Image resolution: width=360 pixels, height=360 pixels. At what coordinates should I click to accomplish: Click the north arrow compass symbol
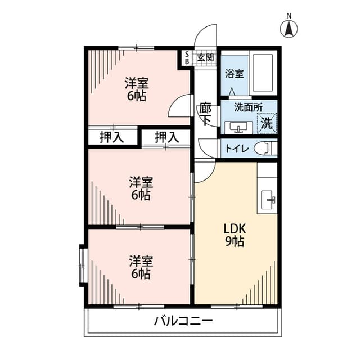click(289, 28)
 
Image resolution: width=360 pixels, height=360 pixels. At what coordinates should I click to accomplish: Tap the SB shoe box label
click(187, 58)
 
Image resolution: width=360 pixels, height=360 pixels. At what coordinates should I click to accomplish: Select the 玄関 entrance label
click(206, 57)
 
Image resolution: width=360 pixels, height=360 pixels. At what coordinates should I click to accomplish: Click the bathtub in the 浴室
click(263, 73)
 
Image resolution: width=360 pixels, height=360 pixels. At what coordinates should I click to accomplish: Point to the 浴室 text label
click(234, 74)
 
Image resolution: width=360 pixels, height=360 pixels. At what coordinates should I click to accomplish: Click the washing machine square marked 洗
click(267, 123)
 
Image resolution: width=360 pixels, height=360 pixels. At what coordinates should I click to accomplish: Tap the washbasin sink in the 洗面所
click(238, 127)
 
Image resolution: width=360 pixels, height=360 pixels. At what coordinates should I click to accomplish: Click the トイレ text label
click(237, 148)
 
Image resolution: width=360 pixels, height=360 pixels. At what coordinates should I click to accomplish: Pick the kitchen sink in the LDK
click(267, 200)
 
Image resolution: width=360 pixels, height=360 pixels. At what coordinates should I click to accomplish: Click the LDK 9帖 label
click(235, 235)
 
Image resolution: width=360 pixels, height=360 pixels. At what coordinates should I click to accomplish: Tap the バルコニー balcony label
click(183, 321)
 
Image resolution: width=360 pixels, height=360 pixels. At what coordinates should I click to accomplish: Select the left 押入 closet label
click(111, 137)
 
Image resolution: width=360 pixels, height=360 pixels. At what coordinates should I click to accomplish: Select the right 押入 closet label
click(166, 137)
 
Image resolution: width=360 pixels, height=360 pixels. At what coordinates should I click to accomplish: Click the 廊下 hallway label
click(205, 114)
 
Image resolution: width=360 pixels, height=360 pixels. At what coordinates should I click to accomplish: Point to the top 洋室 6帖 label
click(137, 89)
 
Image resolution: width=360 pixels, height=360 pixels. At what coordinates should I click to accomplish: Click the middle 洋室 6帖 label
click(141, 188)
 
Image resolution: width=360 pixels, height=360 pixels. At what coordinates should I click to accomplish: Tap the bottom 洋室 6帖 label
click(141, 267)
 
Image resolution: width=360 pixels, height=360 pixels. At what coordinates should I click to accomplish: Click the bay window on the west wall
click(82, 265)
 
